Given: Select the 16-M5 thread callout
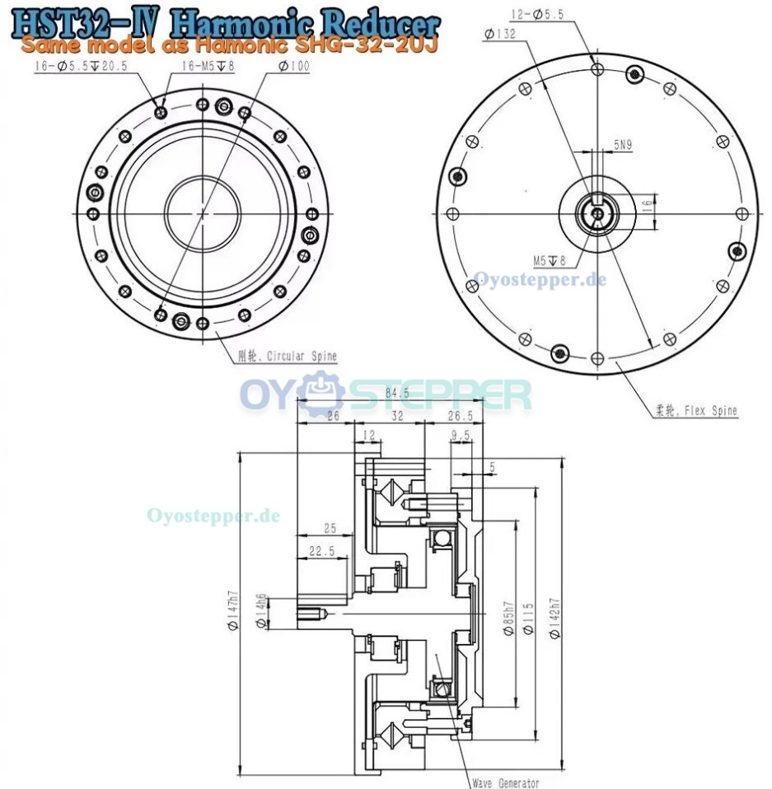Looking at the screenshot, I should tap(208, 67).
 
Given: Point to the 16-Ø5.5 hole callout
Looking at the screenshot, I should tap(80, 67).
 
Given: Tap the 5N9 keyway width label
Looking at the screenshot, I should tap(623, 145).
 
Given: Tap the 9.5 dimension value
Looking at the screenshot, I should tap(461, 434).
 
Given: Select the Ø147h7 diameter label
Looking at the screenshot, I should tap(233, 614).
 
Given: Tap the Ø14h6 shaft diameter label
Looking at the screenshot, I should tap(261, 610).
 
